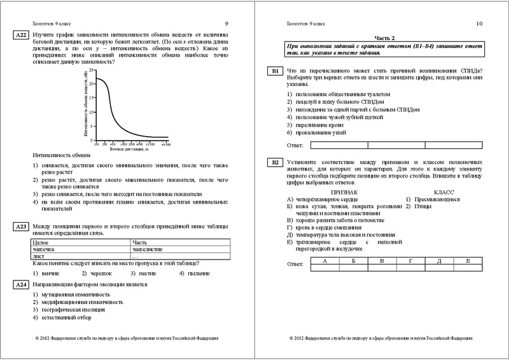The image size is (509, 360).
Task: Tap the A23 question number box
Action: coord(19,226)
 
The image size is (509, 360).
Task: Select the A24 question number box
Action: coord(19,284)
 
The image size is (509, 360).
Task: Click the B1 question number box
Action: coord(274,71)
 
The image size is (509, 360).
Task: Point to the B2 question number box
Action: coord(274,163)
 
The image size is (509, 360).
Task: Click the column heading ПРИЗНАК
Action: coord(344,191)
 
